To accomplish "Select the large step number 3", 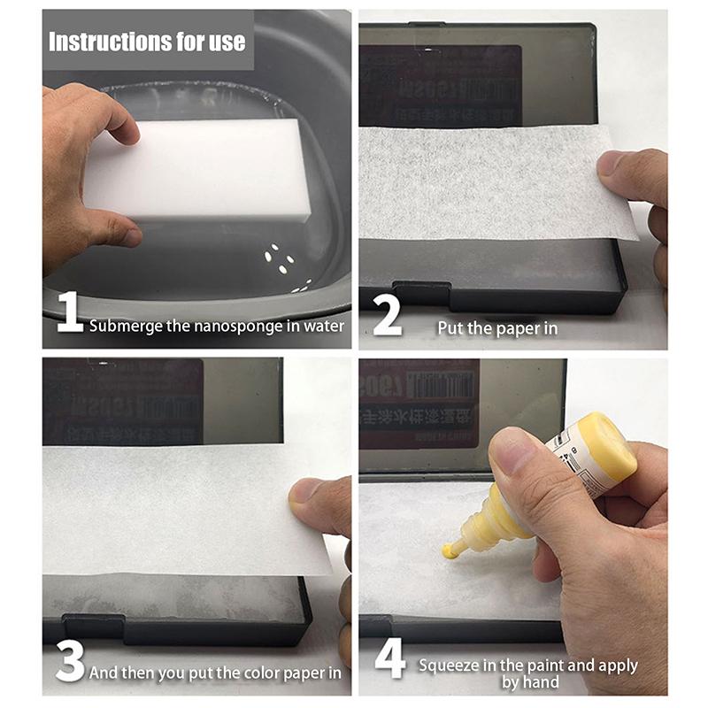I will (70, 661).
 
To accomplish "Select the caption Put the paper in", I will (497, 327).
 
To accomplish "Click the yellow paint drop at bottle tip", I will (450, 551).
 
